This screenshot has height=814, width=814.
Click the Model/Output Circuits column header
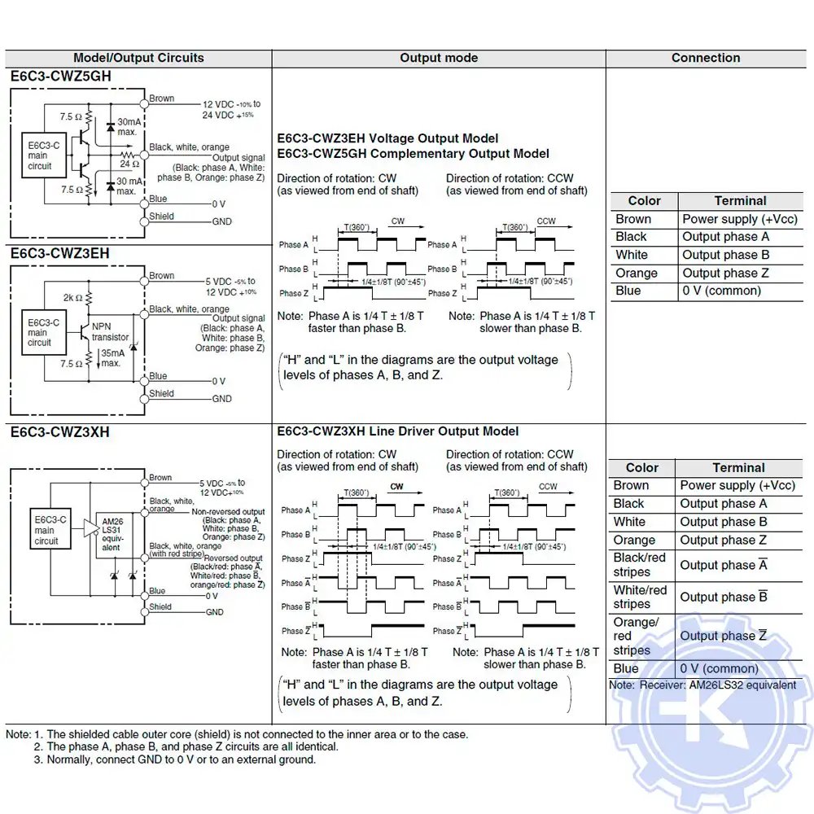[138, 58]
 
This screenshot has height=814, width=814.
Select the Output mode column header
[439, 58]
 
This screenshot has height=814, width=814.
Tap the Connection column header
[706, 58]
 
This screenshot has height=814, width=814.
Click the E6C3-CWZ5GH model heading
[61, 77]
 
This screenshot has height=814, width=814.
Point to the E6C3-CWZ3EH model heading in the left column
[60, 253]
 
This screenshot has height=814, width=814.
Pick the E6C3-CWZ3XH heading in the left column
[60, 431]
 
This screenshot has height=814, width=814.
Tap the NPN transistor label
[110, 332]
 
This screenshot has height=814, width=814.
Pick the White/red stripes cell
[640, 597]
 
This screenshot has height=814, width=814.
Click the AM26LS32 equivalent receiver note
[702, 685]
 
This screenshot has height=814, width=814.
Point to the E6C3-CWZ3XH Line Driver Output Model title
[398, 431]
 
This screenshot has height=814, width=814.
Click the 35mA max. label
[111, 358]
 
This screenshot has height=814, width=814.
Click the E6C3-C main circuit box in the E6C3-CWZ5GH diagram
[40, 155]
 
